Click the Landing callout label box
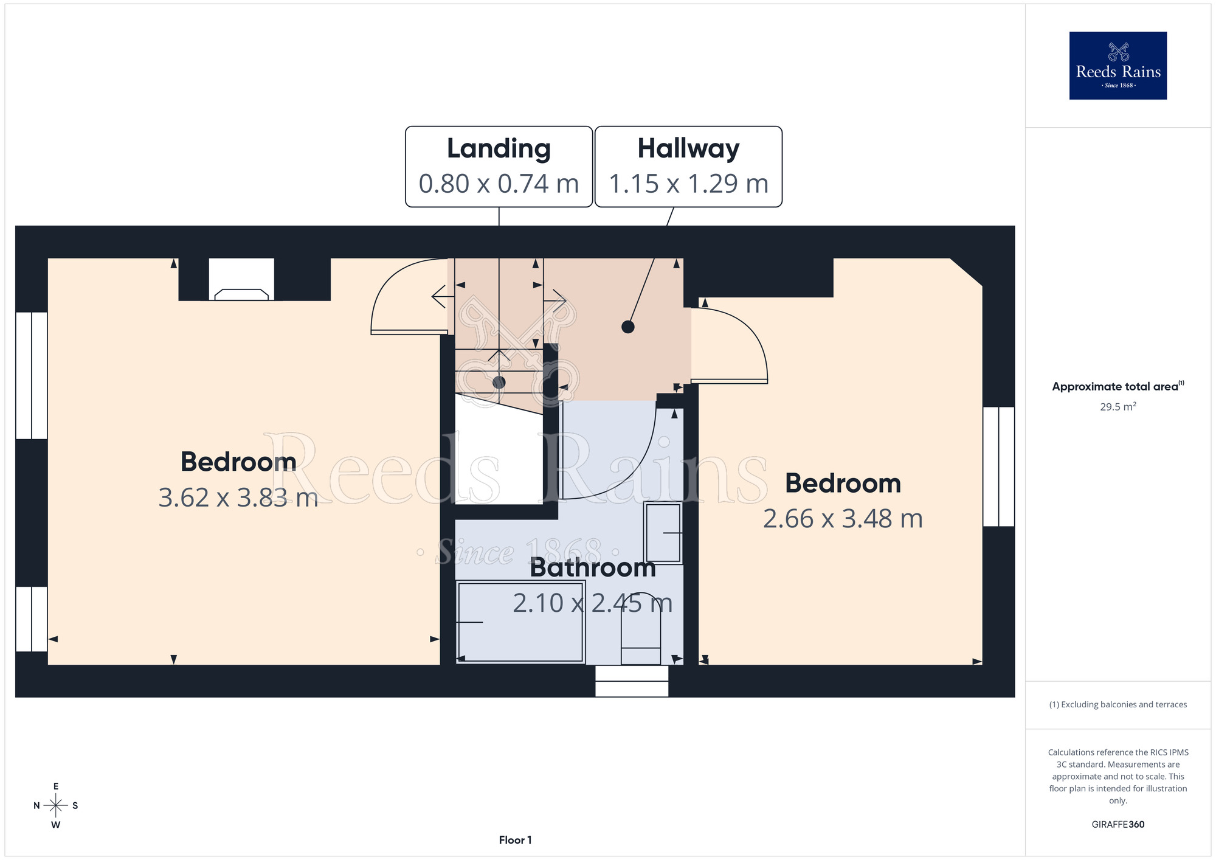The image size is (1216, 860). tap(499, 167)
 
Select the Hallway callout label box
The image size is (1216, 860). tap(688, 167)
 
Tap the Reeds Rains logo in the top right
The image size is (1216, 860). tap(1118, 66)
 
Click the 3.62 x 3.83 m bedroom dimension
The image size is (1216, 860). tap(238, 498)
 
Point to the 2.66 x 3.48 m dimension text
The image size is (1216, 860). tap(843, 519)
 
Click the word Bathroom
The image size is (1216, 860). tap(593, 567)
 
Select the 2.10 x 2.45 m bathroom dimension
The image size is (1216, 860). tap(593, 603)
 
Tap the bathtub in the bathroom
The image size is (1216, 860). tap(520, 622)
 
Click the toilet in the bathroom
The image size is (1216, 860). tap(641, 628)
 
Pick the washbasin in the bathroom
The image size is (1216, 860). tap(663, 533)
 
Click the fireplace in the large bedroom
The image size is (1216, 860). tap(241, 279)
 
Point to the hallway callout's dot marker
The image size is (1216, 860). tap(628, 327)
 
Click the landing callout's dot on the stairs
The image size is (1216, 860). tap(499, 383)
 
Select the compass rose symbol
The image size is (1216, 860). tap(56, 806)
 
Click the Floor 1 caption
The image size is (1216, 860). tap(515, 840)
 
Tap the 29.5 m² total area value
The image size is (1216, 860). tap(1118, 406)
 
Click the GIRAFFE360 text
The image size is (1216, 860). tap(1118, 825)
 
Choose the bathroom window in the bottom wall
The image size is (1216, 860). tap(632, 681)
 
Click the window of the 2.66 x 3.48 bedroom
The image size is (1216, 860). tap(998, 466)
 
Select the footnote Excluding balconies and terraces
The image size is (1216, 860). tap(1118, 704)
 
